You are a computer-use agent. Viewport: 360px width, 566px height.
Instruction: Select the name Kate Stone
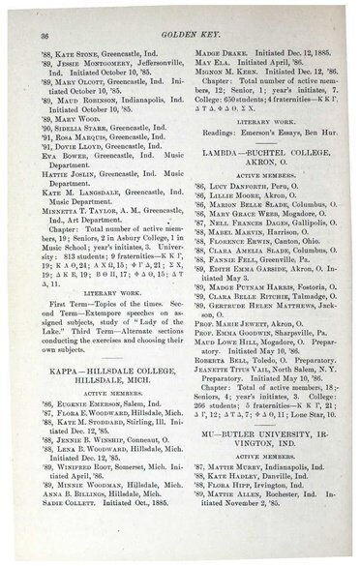pos(82,47)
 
